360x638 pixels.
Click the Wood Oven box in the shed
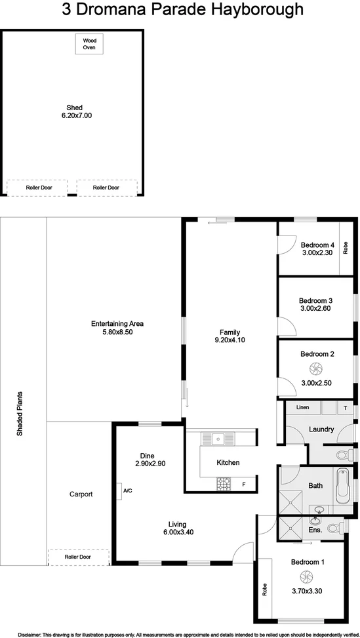pyautogui.click(x=89, y=44)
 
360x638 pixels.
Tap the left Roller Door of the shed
pyautogui.click(x=37, y=188)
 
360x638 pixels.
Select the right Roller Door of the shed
pyautogui.click(x=106, y=188)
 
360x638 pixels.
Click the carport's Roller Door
pyautogui.click(x=77, y=557)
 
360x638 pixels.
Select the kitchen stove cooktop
pyautogui.click(x=224, y=484)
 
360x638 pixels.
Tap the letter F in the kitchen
pyautogui.click(x=244, y=485)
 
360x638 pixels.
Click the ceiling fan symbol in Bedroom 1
pyautogui.click(x=305, y=577)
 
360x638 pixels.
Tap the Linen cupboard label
pyautogui.click(x=302, y=408)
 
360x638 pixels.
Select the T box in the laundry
pyautogui.click(x=345, y=408)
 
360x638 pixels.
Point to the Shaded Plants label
pyautogui.click(x=21, y=414)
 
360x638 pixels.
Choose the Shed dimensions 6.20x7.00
pyautogui.click(x=74, y=115)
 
